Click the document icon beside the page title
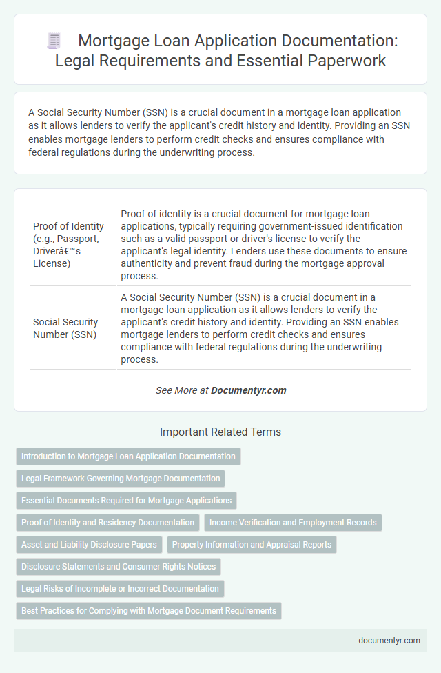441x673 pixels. click(53, 41)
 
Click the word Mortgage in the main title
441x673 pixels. click(114, 41)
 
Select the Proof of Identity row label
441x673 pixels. click(68, 245)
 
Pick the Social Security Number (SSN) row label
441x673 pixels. click(65, 328)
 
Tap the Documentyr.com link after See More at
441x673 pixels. click(248, 390)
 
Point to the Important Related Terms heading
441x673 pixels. click(220, 432)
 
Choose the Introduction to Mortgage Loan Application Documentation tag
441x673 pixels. click(127, 456)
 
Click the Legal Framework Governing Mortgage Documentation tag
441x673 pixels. click(120, 479)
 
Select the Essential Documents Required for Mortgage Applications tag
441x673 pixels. click(126, 501)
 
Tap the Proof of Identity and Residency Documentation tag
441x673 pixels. click(107, 523)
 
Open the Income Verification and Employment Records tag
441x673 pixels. click(293, 523)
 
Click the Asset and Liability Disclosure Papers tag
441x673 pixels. click(88, 545)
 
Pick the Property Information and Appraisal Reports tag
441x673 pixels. click(252, 545)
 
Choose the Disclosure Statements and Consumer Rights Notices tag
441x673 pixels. click(118, 567)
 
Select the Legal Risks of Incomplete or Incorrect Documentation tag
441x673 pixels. click(119, 589)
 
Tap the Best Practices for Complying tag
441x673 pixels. click(148, 611)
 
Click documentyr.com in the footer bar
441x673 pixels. click(389, 640)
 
